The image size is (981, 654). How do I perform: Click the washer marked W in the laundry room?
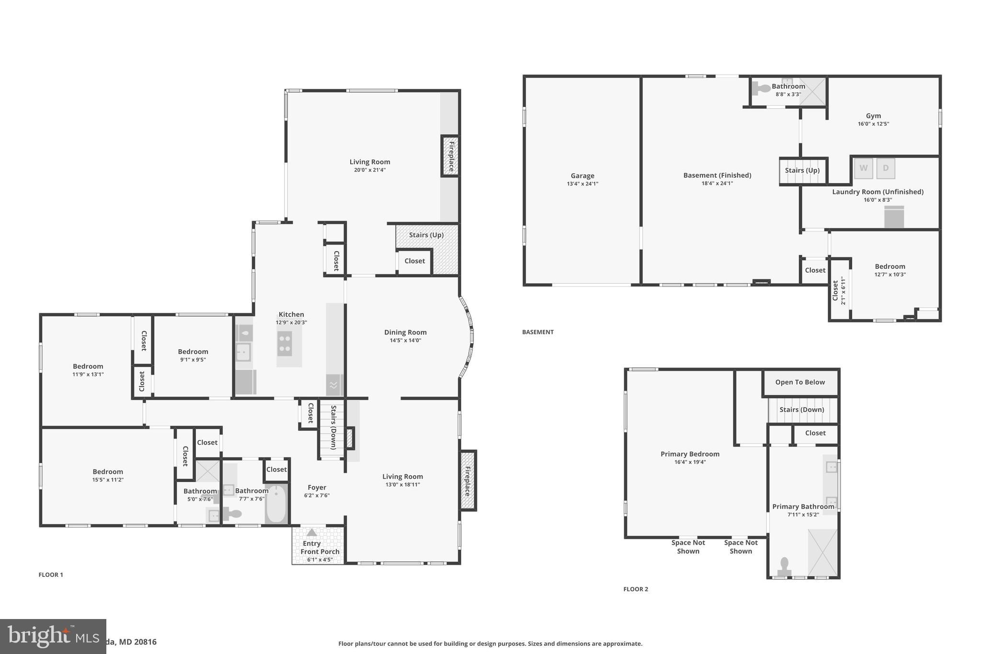coord(863,168)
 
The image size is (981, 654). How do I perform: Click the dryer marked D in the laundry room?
coord(886,168)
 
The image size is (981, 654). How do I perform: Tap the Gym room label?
coord(873,116)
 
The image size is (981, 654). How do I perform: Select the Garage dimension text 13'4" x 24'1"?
coord(582,184)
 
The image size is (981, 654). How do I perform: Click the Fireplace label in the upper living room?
coord(451,156)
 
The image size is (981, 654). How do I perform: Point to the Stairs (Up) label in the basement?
coord(802,171)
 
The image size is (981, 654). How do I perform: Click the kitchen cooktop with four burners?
coord(285,344)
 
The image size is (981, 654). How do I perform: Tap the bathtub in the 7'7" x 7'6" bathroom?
coord(276,504)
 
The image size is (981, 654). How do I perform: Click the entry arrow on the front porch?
coord(312,532)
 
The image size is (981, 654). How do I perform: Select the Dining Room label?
coord(405,333)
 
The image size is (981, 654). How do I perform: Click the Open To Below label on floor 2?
coord(800,382)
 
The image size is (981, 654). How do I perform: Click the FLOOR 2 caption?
coord(636,589)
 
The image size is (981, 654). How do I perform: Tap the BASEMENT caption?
coord(537,332)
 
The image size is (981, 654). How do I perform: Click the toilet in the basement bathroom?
coord(761,88)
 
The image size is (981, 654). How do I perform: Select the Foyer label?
coord(317,488)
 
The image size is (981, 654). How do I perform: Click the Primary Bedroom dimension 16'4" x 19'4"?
coord(690,462)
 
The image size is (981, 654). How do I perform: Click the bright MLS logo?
coord(53,636)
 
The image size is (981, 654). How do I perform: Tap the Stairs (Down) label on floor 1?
coord(333,427)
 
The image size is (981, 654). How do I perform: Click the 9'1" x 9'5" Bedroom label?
coord(193,352)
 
